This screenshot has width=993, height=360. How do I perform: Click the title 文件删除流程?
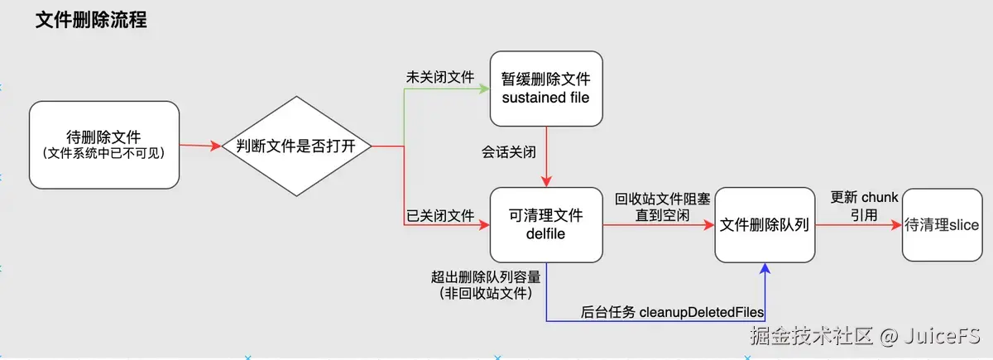click(x=91, y=21)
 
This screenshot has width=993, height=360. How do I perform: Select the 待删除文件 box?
click(x=104, y=145)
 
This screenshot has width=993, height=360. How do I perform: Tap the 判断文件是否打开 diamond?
click(x=295, y=147)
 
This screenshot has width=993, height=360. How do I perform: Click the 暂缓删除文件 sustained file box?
click(x=546, y=89)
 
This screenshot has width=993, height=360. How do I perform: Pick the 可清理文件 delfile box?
click(x=544, y=224)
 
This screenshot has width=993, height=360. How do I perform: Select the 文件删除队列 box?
click(x=765, y=225)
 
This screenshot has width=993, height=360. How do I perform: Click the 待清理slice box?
click(x=942, y=225)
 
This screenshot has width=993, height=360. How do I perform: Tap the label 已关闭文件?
click(x=439, y=217)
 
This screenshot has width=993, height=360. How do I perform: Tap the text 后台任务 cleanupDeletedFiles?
click(x=672, y=312)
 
